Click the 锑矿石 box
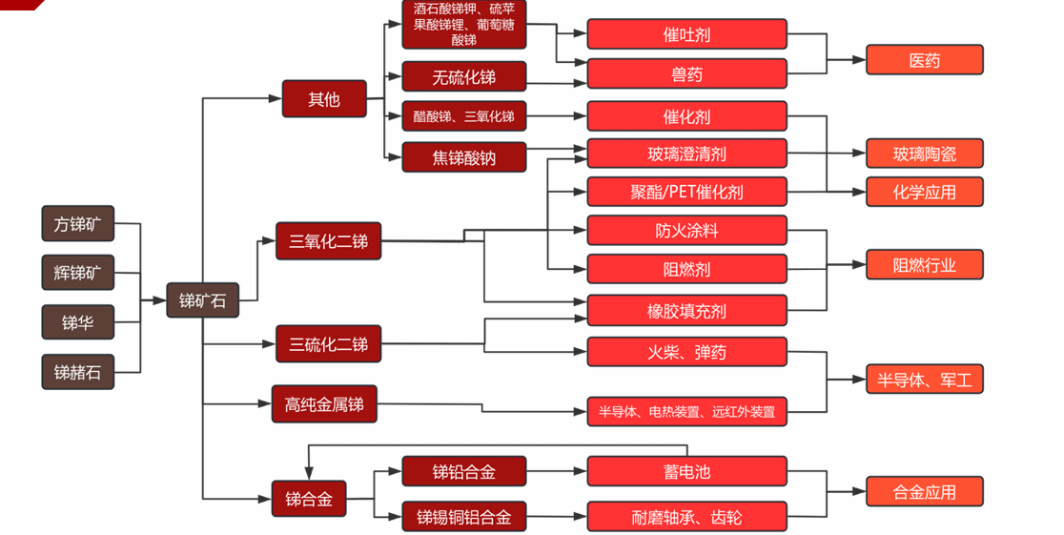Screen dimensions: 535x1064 click(x=202, y=300)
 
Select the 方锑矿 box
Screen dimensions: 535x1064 click(x=77, y=224)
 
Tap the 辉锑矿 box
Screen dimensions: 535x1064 click(x=77, y=274)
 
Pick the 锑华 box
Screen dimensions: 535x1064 click(x=77, y=322)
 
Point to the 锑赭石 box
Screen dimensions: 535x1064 click(x=77, y=372)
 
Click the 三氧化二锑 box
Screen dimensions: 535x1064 click(x=328, y=241)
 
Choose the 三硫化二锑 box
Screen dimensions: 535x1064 click(x=328, y=343)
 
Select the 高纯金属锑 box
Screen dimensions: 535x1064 click(x=323, y=404)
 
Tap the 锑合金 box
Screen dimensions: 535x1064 click(x=309, y=498)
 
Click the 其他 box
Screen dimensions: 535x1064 click(x=324, y=98)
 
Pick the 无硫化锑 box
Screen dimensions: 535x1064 click(x=463, y=76)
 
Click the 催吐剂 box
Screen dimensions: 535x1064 click(x=686, y=34)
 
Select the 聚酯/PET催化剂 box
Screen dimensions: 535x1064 click(x=686, y=192)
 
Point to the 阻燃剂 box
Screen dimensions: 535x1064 click(x=686, y=269)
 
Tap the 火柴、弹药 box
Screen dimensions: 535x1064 click(x=686, y=352)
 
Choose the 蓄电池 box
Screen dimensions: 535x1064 click(x=686, y=471)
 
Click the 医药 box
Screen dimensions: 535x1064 click(x=924, y=60)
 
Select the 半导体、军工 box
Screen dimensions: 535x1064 click(x=924, y=380)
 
